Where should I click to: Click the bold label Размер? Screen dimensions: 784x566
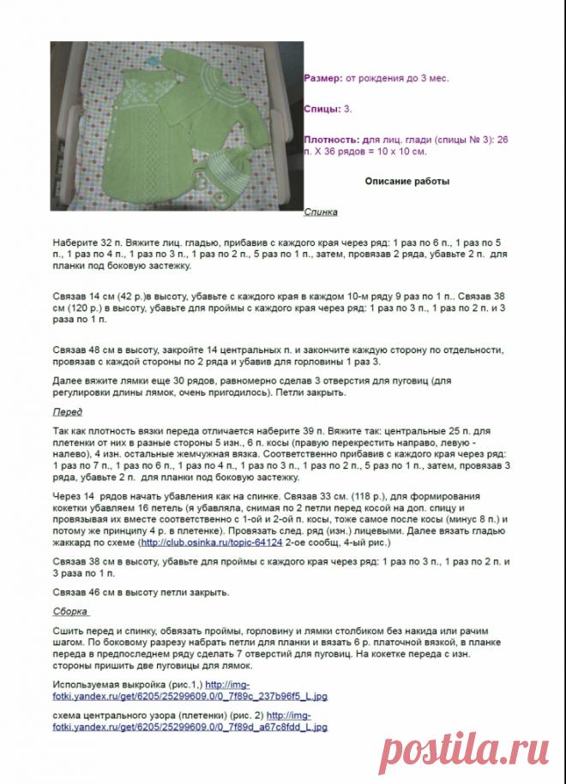pyautogui.click(x=322, y=78)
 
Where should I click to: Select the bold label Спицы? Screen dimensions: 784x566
pyautogui.click(x=322, y=109)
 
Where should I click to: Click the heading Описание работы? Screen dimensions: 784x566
pyautogui.click(x=406, y=182)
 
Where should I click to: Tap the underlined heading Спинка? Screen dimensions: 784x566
pyautogui.click(x=321, y=212)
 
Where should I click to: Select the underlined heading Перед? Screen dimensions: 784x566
pyautogui.click(x=68, y=412)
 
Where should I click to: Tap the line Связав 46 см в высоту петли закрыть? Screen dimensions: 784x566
pyautogui.click(x=141, y=592)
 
